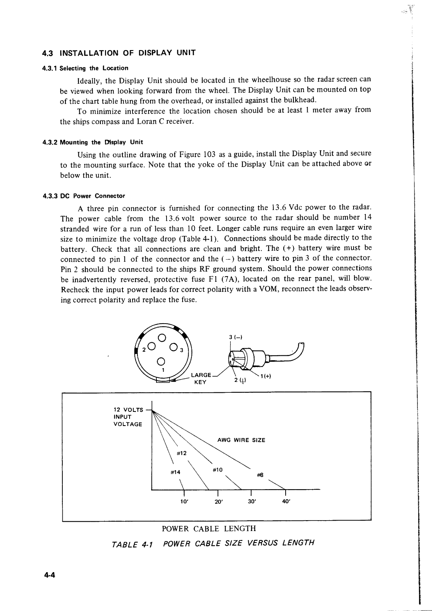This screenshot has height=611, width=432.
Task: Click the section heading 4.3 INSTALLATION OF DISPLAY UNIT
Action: pos(119,53)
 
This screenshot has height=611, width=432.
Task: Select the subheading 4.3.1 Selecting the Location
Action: pos(86,68)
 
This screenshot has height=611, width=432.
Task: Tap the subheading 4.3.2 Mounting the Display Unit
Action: pos(93,142)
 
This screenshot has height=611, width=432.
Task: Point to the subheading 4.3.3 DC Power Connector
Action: pos(84,196)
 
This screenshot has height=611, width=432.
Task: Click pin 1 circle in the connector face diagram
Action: pos(161,361)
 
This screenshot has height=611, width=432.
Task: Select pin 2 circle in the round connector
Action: pos(150,346)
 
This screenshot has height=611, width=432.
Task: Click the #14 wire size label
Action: pos(175,472)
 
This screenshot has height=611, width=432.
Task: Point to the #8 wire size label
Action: pos(260,475)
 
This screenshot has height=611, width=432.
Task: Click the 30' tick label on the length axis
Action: pos(251,502)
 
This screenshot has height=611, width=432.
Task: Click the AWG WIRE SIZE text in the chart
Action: pos(241,440)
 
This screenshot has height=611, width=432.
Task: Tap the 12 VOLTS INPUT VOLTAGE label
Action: pos(128,417)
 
